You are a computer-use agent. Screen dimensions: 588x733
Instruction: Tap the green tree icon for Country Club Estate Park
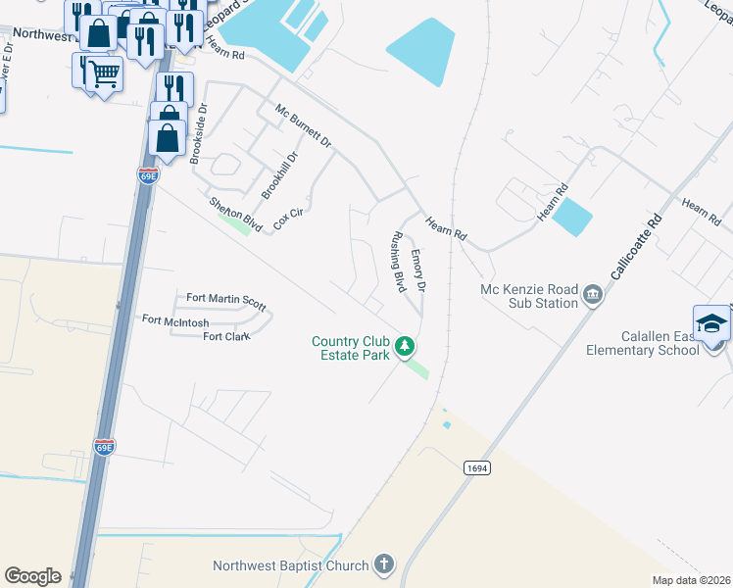(x=404, y=346)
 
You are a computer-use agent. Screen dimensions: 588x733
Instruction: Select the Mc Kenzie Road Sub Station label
(x=530, y=296)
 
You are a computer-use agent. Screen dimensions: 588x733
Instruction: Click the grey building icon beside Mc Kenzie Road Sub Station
(x=592, y=294)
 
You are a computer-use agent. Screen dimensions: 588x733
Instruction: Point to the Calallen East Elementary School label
(x=643, y=343)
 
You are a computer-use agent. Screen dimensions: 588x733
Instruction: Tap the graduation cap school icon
(x=711, y=323)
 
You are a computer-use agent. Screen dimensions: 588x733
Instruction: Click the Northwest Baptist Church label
(x=291, y=565)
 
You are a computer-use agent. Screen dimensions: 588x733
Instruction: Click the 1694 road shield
(x=476, y=468)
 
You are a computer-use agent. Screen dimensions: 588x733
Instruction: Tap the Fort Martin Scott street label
(x=225, y=300)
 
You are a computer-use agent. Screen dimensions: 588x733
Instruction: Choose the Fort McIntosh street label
(x=177, y=319)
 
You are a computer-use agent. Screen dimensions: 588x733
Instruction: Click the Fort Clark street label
(x=226, y=337)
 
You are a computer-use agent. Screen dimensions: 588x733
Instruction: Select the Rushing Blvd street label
(x=398, y=262)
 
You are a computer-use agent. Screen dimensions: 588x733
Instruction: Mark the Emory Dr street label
(x=418, y=270)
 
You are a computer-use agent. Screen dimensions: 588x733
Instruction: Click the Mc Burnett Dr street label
(x=303, y=126)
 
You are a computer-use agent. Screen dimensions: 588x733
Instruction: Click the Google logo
(x=32, y=576)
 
